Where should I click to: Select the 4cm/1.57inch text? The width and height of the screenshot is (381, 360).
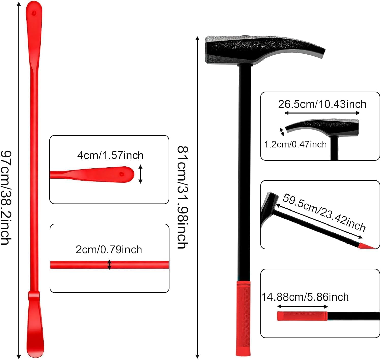[110, 155]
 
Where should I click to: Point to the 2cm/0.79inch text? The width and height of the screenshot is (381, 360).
[109, 250]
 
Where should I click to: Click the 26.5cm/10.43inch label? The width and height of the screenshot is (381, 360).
[322, 104]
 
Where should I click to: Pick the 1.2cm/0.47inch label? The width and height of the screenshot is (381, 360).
[295, 144]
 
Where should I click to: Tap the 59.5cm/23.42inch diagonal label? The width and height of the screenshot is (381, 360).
[324, 212]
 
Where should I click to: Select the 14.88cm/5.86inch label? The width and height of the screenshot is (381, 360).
[305, 297]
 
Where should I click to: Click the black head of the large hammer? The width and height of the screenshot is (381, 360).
[254, 50]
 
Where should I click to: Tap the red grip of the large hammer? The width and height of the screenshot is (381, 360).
[243, 318]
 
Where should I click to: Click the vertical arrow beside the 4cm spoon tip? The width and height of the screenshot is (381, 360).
[140, 174]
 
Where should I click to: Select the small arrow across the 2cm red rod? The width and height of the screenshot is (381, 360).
[109, 265]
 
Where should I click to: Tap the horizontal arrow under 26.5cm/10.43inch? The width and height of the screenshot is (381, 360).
[322, 113]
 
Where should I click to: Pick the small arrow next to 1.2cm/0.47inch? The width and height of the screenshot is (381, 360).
[282, 131]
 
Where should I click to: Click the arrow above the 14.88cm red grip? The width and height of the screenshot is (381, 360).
[302, 306]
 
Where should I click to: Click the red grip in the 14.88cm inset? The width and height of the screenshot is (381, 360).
[302, 316]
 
